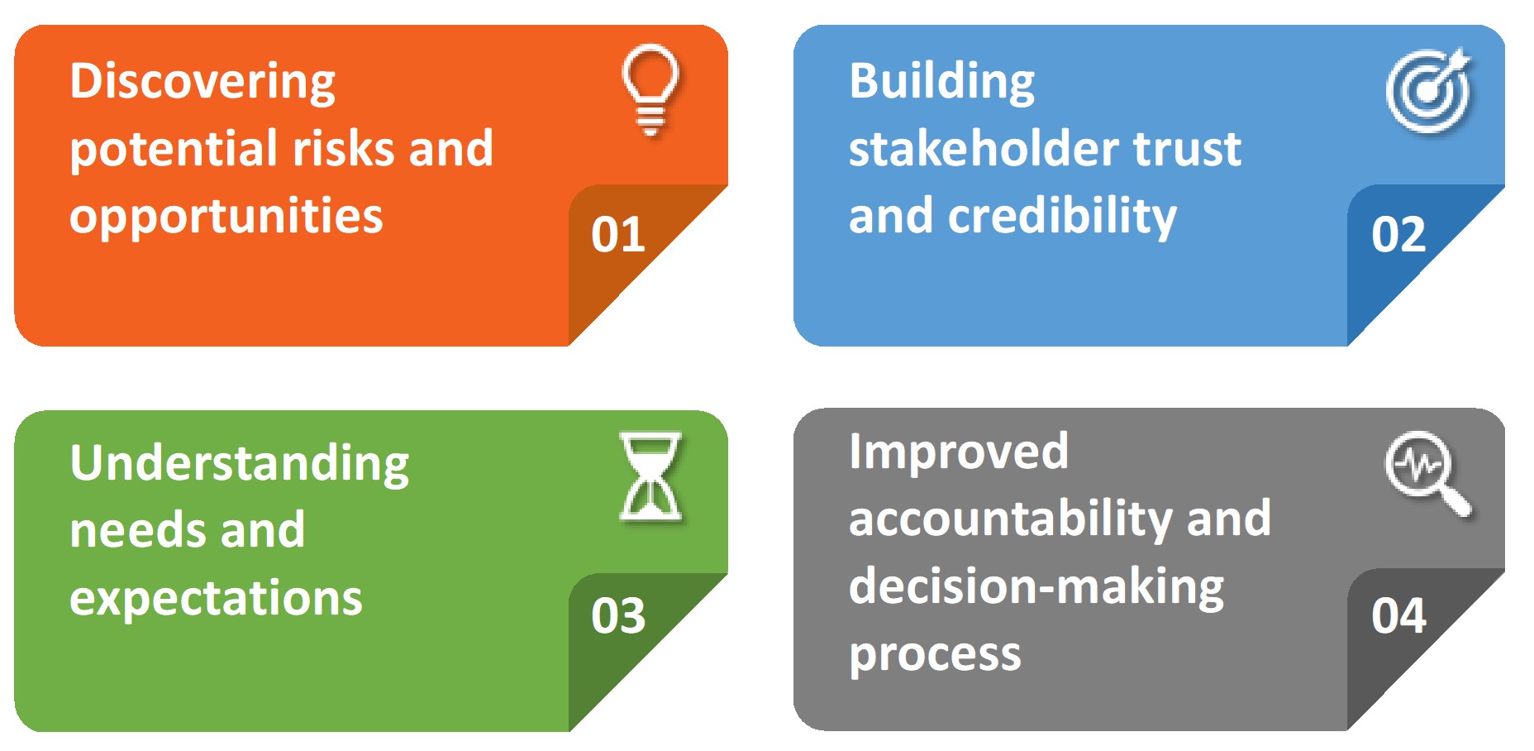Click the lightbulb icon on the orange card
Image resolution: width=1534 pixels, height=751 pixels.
tap(650, 89)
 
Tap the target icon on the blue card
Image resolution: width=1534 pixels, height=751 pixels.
tap(1429, 91)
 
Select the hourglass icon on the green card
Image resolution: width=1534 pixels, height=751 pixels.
tap(650, 476)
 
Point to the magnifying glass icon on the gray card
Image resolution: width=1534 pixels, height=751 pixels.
tap(1427, 473)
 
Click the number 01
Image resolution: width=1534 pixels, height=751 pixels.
tap(617, 235)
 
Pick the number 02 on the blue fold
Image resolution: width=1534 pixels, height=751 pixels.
tap(1398, 235)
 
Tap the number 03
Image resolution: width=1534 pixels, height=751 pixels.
tap(617, 616)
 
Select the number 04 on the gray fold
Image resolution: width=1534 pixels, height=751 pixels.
tap(1398, 616)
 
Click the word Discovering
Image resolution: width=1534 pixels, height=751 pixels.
tap(202, 83)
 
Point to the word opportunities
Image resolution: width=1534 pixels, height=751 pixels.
tap(226, 218)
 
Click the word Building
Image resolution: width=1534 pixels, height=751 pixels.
tap(941, 83)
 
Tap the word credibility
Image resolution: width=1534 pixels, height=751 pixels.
tap(1061, 218)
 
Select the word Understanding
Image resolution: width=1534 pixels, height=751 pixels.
tap(240, 464)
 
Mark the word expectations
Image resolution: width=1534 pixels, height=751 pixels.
tap(216, 599)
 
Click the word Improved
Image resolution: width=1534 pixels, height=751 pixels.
tap(959, 452)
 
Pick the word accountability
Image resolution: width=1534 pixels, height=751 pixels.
tap(1010, 520)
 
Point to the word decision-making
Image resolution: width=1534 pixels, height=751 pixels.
tap(1036, 587)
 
